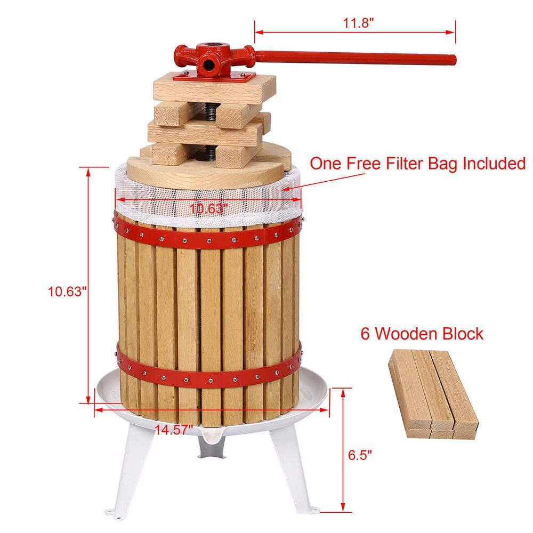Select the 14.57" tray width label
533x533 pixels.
point(171,429)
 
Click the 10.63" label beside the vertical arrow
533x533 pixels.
point(67,292)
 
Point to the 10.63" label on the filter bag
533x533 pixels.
point(209,208)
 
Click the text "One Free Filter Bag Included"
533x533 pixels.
point(418,164)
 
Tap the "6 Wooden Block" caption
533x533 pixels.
point(422,334)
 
